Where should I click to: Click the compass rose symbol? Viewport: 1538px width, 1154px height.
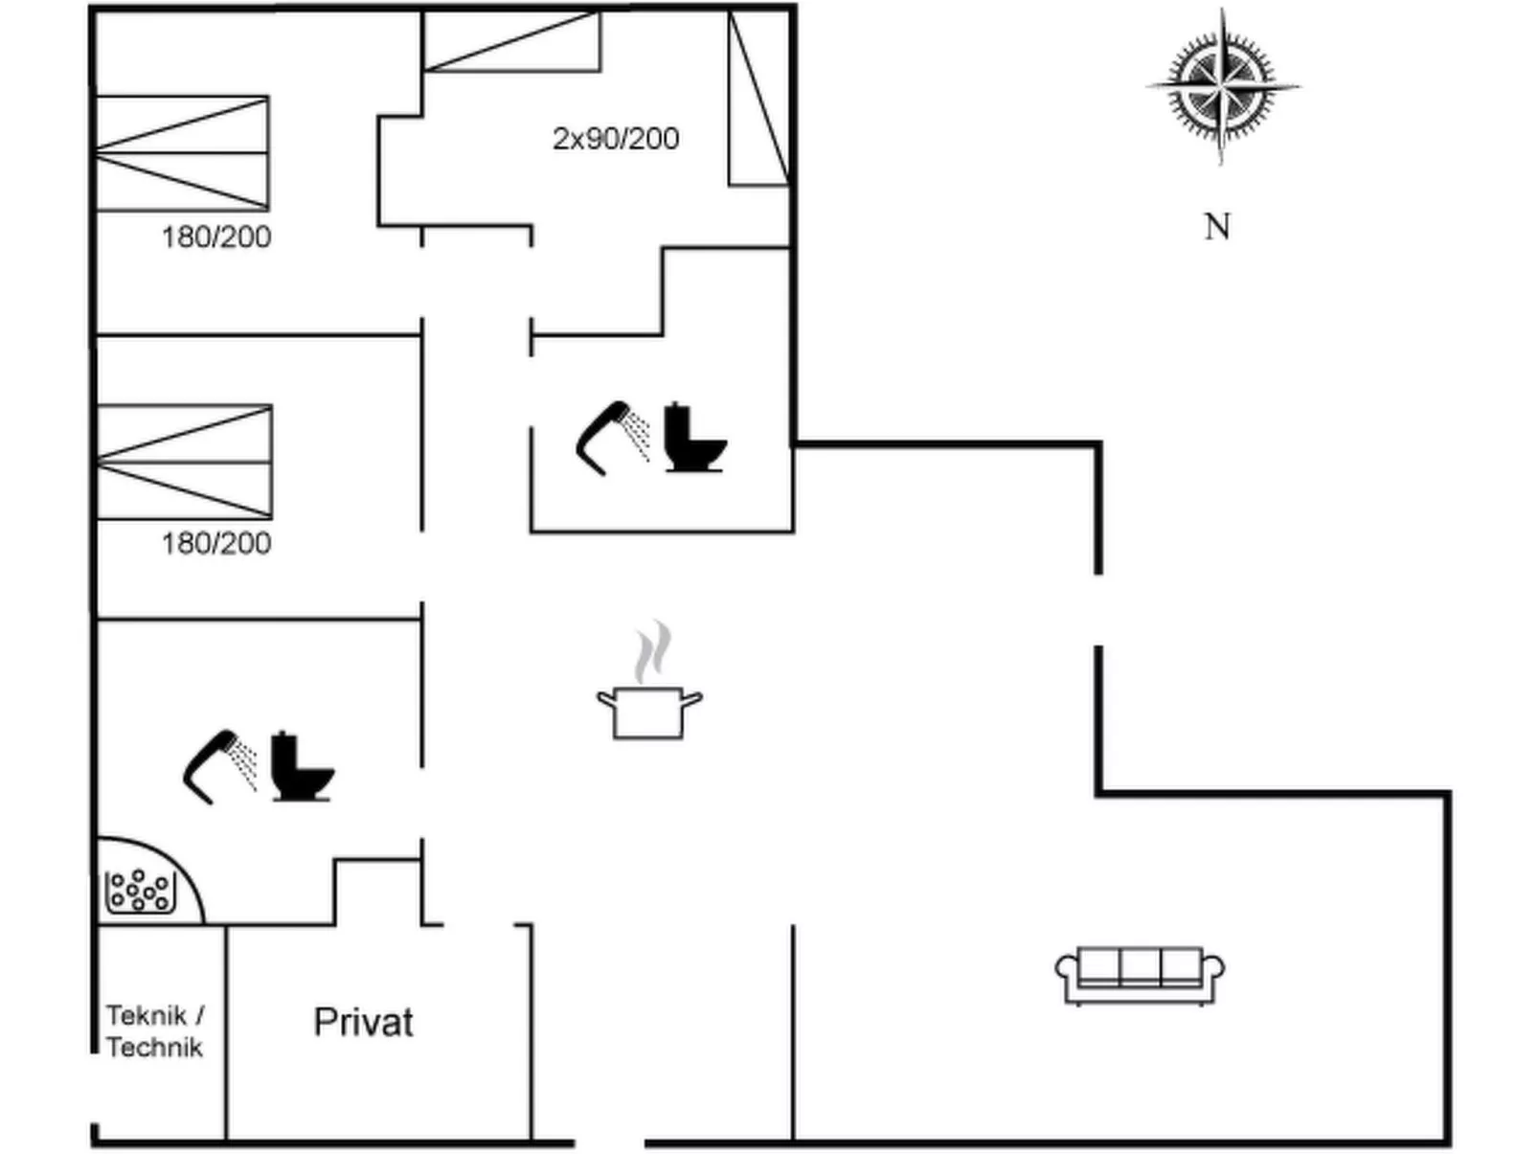tap(1222, 85)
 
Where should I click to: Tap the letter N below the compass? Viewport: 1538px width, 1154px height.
tap(1216, 227)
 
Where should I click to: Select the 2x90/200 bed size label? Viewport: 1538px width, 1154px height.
tap(616, 139)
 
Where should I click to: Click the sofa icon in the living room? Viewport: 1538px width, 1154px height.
tap(1140, 975)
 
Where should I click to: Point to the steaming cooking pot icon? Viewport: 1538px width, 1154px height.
tap(649, 711)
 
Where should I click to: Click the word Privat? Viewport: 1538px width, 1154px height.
tap(363, 1023)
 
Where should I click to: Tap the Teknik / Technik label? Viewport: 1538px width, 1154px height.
tap(154, 1031)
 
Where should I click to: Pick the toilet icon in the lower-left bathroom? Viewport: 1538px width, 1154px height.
tap(301, 768)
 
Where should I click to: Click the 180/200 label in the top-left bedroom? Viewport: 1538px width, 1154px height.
tap(216, 238)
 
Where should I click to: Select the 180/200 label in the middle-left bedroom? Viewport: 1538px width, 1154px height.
tap(216, 544)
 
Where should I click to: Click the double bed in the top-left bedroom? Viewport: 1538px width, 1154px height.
tap(182, 153)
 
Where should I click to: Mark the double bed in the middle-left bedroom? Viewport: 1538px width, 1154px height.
tap(184, 462)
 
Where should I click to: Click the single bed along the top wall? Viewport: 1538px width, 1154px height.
tap(511, 41)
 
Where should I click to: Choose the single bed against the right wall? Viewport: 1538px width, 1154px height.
tap(758, 99)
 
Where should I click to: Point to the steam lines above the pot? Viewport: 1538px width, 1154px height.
tap(652, 651)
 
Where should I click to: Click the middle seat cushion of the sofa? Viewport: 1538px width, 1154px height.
tap(1140, 967)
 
